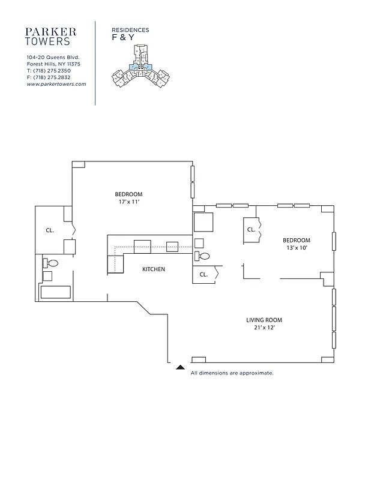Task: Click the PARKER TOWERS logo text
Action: [x=52, y=36]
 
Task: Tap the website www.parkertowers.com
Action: [x=56, y=85]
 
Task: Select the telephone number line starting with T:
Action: [x=49, y=71]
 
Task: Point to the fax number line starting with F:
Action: [x=49, y=77]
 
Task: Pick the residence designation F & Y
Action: [x=123, y=37]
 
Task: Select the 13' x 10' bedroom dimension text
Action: [x=297, y=248]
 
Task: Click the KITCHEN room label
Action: [x=153, y=269]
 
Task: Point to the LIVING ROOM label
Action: [x=264, y=320]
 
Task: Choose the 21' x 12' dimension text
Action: [x=264, y=328]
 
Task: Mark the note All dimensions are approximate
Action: [x=232, y=373]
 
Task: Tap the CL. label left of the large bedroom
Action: [x=50, y=230]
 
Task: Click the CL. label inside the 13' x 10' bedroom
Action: [x=252, y=230]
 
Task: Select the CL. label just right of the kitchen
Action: [x=204, y=275]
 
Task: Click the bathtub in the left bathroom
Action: [x=55, y=292]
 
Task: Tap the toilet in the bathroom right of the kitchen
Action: [x=202, y=256]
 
